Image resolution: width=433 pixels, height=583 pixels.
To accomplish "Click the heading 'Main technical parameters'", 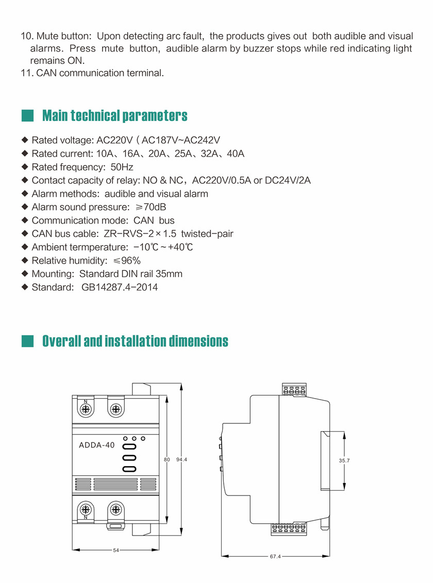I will click(x=114, y=115).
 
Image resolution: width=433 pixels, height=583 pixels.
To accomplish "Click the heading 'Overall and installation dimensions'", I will click(x=135, y=341).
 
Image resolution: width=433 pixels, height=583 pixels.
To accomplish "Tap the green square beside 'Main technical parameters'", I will click(x=27, y=115).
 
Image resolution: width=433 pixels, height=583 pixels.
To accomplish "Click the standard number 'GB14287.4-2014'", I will click(x=120, y=287).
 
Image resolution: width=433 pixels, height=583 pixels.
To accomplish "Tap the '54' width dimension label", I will click(x=116, y=551).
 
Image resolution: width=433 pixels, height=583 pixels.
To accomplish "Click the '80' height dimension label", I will click(x=166, y=459).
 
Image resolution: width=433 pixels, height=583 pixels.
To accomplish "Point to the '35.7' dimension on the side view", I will click(x=344, y=461).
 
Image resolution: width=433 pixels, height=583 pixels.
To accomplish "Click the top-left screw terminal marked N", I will click(x=86, y=409).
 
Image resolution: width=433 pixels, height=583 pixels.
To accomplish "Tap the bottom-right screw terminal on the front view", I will click(x=116, y=510).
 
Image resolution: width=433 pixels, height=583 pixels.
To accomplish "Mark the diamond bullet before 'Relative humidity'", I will click(x=25, y=261).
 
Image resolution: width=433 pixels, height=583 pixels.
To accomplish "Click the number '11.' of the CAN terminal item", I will click(x=27, y=73).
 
